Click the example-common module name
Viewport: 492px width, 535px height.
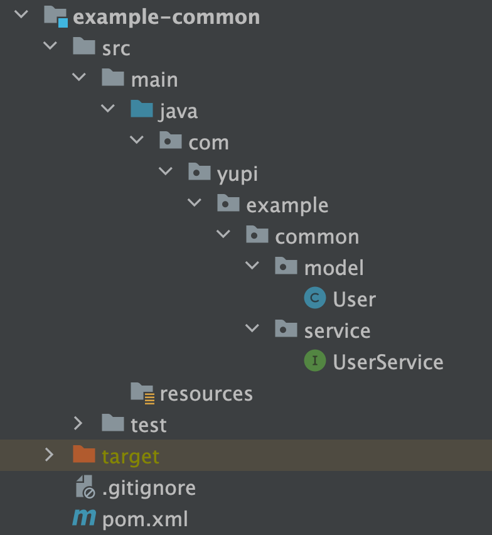tap(166, 17)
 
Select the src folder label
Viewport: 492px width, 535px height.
tap(116, 48)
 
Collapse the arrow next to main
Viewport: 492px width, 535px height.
tap(78, 77)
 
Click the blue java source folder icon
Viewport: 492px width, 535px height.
tap(142, 110)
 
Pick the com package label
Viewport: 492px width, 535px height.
tap(208, 143)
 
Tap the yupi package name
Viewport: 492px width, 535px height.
tap(237, 174)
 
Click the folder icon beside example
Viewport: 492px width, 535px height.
tap(228, 204)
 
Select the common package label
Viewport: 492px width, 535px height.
tap(317, 237)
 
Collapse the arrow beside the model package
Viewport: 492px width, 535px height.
tap(252, 266)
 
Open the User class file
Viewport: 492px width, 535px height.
tap(354, 300)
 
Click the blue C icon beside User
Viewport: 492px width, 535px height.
tap(314, 298)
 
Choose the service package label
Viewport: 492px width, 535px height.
tap(337, 331)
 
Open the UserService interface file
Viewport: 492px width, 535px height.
tap(388, 362)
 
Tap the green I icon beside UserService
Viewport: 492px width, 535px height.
tap(314, 361)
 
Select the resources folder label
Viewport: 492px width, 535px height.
tap(206, 394)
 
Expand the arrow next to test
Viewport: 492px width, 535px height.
tap(78, 423)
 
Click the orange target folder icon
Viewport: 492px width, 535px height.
tap(84, 455)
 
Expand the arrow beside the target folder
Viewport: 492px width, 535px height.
tap(50, 455)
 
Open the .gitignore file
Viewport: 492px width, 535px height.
tap(149, 488)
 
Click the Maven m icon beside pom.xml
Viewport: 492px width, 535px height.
tap(84, 519)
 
